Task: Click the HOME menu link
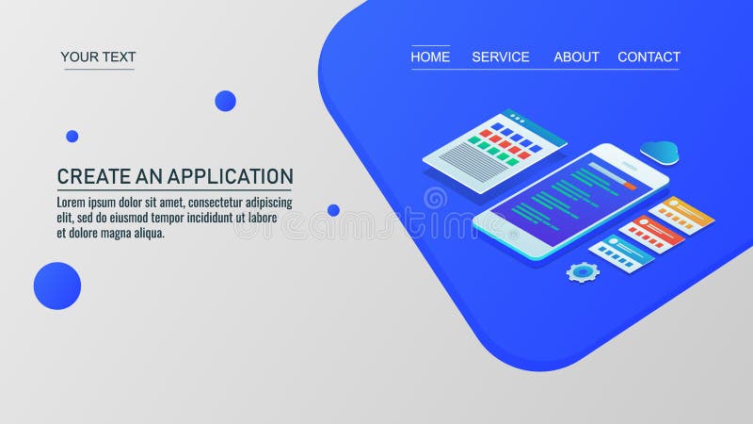[x=430, y=57]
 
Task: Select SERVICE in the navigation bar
[x=501, y=57]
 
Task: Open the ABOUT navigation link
[x=576, y=57]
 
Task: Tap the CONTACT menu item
[x=649, y=57]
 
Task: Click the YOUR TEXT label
[x=98, y=57]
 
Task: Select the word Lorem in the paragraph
[x=73, y=203]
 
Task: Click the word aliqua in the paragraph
[x=147, y=233]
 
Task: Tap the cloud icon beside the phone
[x=659, y=150]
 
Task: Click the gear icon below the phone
[x=583, y=272]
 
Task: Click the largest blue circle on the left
[x=57, y=285]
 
